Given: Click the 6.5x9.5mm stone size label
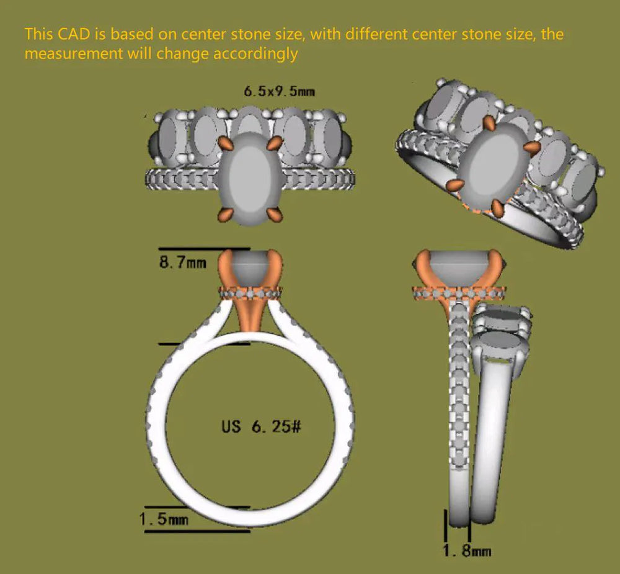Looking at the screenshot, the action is pyautogui.click(x=279, y=92).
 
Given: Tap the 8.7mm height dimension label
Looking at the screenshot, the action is pyautogui.click(x=183, y=262).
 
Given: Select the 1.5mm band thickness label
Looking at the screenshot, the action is pyautogui.click(x=164, y=519).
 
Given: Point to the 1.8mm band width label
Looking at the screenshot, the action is pyautogui.click(x=467, y=551).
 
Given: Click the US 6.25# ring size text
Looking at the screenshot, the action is pyautogui.click(x=262, y=426).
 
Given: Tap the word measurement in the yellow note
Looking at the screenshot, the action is pyautogui.click(x=74, y=53).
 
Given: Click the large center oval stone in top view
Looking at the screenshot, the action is pyautogui.click(x=250, y=179).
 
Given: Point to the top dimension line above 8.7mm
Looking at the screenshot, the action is pyautogui.click(x=204, y=249).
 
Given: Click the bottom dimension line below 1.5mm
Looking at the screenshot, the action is pyautogui.click(x=197, y=531).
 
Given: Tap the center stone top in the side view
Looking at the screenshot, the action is pyautogui.click(x=459, y=262).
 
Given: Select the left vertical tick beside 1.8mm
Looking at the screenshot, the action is pyautogui.click(x=446, y=525).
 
